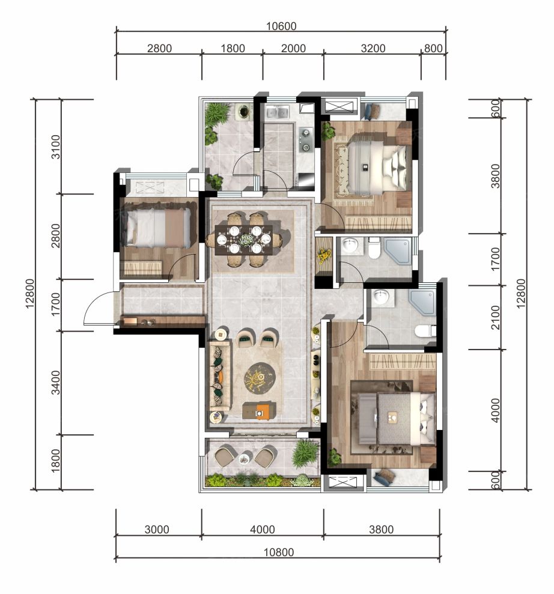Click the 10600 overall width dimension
pyautogui.click(x=281, y=26)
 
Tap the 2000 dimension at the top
pyautogui.click(x=293, y=49)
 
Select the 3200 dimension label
pyautogui.click(x=373, y=49)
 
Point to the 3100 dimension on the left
pyautogui.click(x=55, y=147)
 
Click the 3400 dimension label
pyautogui.click(x=55, y=383)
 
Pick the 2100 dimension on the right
pyautogui.click(x=495, y=318)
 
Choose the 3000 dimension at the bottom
pyautogui.click(x=156, y=529)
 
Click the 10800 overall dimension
pyautogui.click(x=279, y=552)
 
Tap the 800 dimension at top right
pyautogui.click(x=433, y=49)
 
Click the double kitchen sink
pyautogui.click(x=277, y=112)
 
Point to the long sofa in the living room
pyautogui.click(x=220, y=375)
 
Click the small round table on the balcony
pyautogui.click(x=245, y=458)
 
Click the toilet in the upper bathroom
pyautogui.click(x=374, y=248)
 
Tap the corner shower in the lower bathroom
pyautogui.click(x=423, y=301)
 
